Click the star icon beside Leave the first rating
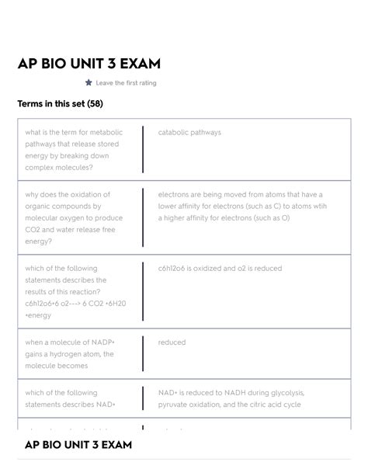point(89,82)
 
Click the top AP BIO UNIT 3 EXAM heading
point(89,64)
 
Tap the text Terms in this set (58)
point(60,104)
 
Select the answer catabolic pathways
point(189,133)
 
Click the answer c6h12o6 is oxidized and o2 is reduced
point(220,269)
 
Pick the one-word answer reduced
point(172,342)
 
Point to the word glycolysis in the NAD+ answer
point(286,393)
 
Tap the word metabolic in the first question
point(105,133)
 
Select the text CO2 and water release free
point(70,230)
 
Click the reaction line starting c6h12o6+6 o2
point(75,304)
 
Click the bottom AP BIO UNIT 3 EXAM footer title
point(78,445)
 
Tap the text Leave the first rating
point(126,83)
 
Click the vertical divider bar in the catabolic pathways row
point(143,150)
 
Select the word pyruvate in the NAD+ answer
point(175,405)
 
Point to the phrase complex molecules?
point(59,168)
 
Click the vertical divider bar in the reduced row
point(143,354)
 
